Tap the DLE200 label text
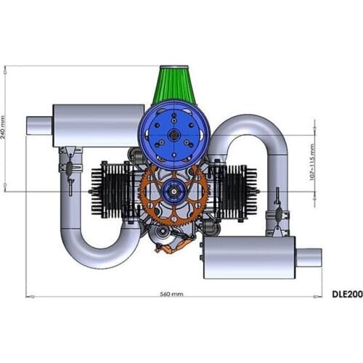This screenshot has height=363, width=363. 347,294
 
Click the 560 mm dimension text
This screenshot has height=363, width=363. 171,294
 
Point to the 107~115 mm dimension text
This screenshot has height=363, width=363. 312,162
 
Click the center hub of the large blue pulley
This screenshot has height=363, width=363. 174,134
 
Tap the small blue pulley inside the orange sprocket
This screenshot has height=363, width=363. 174,192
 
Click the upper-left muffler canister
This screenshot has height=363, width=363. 99,126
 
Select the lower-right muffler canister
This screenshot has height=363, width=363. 250,257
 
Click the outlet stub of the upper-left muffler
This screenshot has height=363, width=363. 39,126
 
